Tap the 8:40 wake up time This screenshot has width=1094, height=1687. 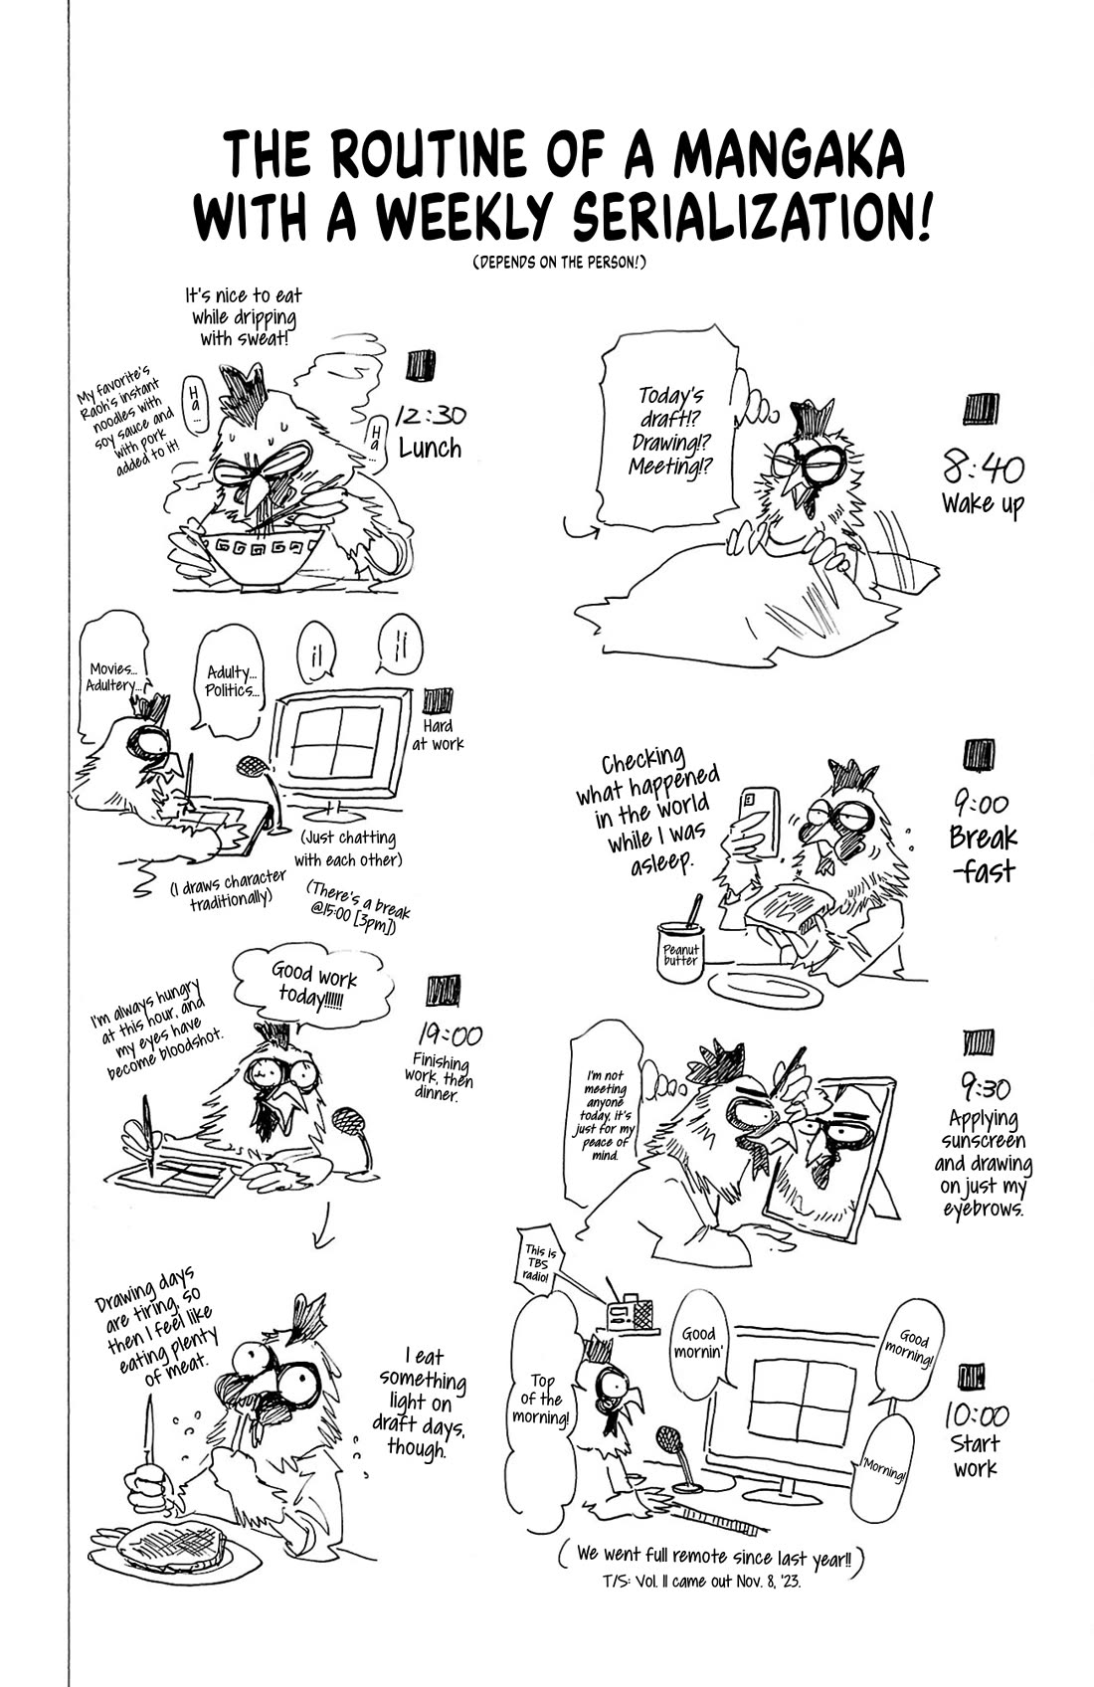pyautogui.click(x=983, y=469)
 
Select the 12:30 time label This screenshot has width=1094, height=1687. pyautogui.click(x=431, y=417)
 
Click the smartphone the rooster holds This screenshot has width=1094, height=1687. pyautogui.click(x=760, y=822)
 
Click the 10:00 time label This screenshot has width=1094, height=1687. pyautogui.click(x=976, y=1414)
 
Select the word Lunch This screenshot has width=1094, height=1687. pyautogui.click(x=431, y=449)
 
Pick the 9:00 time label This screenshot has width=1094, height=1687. pyautogui.click(x=981, y=803)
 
